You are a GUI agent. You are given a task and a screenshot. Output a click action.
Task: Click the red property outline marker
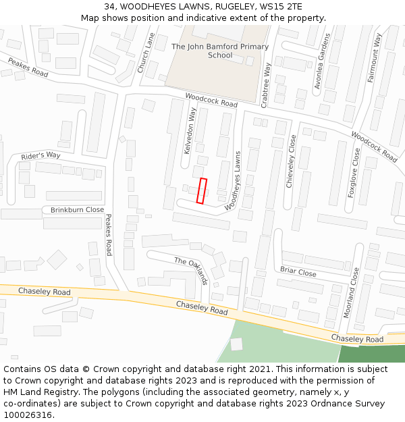(x=201, y=190)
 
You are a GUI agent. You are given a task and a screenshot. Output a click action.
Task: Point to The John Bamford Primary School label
(x=220, y=51)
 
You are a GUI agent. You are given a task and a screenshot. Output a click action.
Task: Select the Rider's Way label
(x=40, y=156)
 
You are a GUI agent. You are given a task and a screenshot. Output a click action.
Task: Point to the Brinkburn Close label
(x=77, y=210)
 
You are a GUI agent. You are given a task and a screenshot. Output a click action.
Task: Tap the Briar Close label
(x=298, y=272)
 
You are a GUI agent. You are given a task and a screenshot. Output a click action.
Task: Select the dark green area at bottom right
(x=371, y=353)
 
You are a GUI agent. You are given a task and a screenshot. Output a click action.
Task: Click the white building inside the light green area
(x=236, y=344)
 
